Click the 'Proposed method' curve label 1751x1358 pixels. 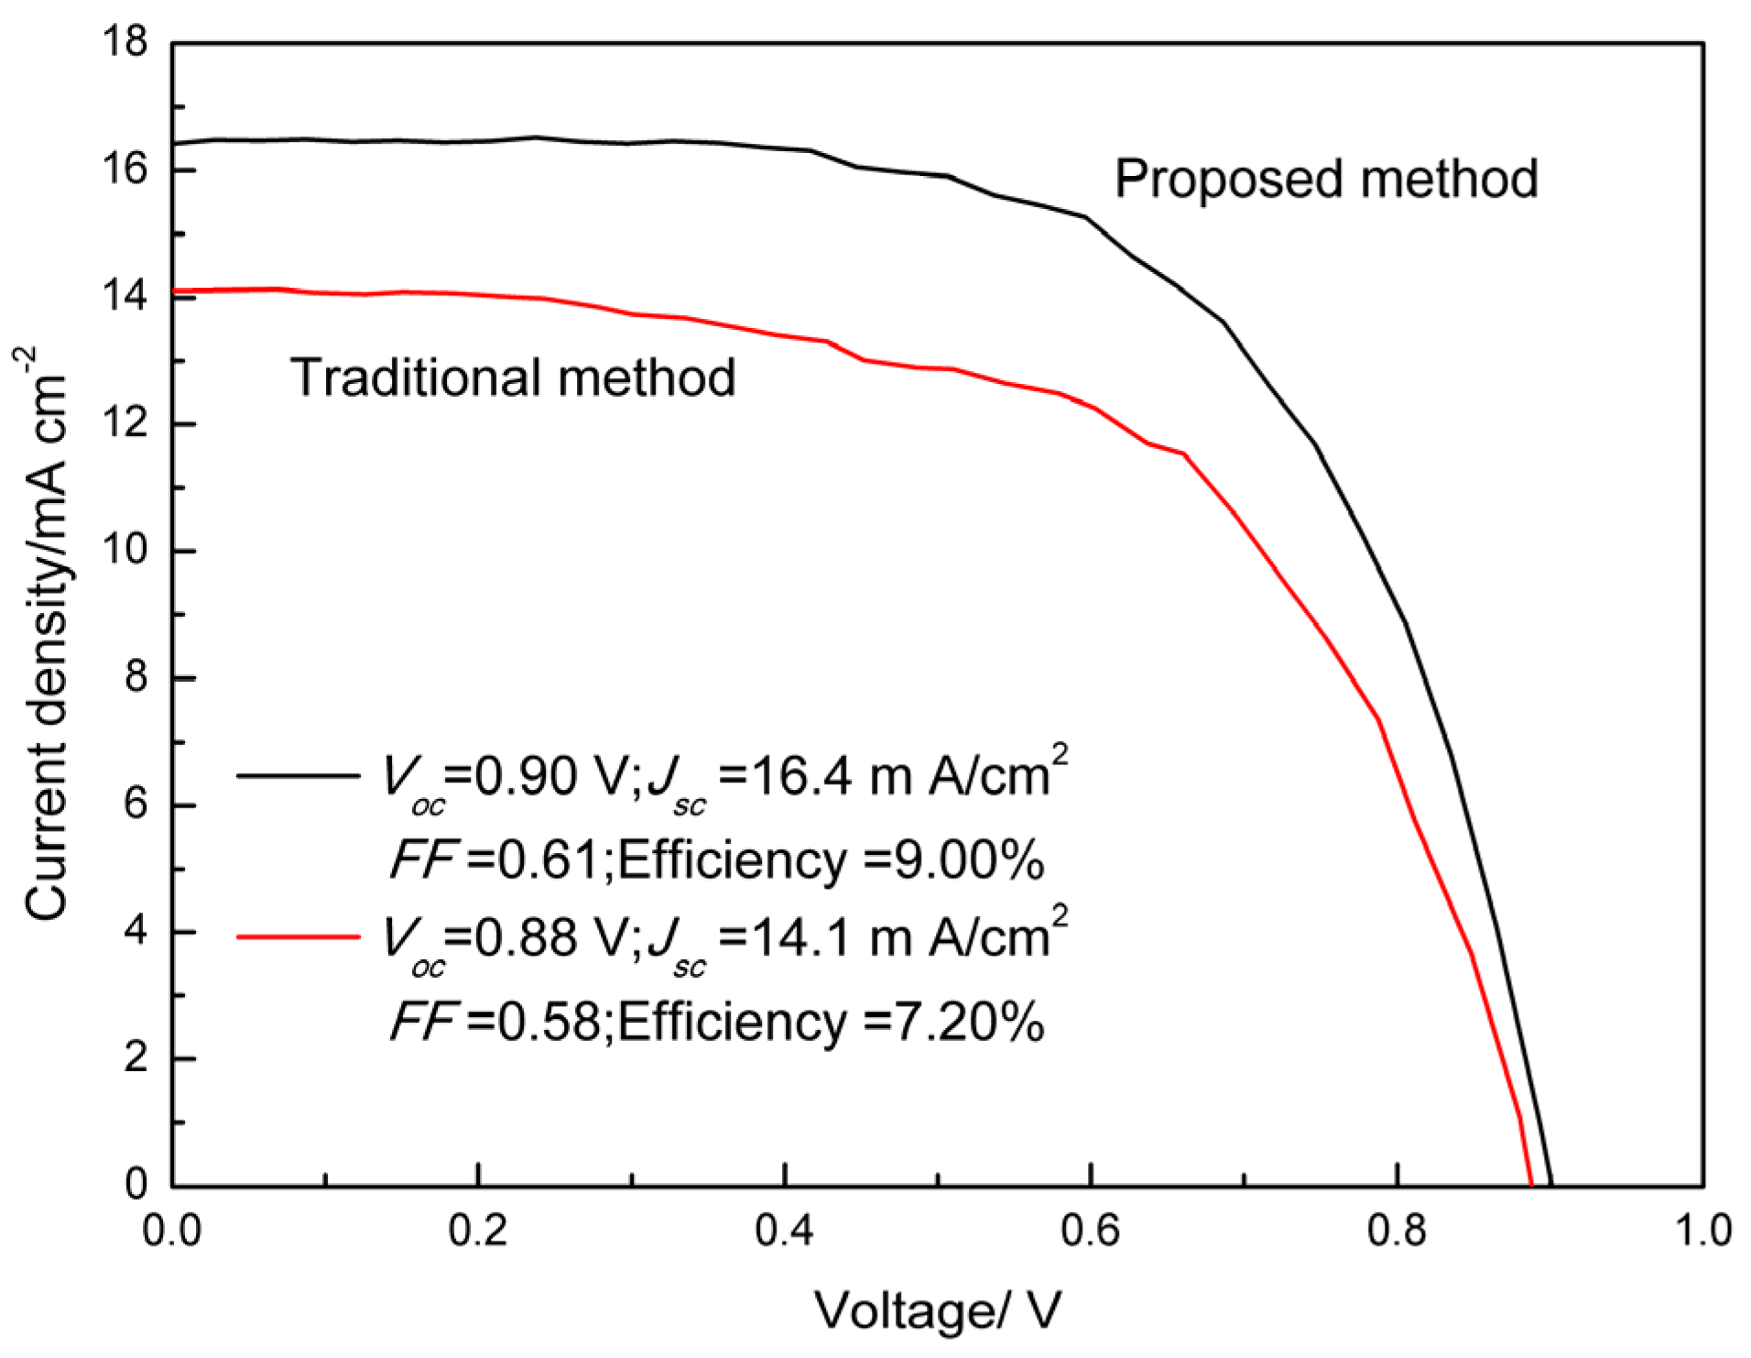coord(1325,180)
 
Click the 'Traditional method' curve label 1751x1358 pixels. coord(513,378)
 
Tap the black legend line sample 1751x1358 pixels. coord(298,776)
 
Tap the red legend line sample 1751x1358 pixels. coord(298,936)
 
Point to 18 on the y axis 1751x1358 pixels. coord(125,42)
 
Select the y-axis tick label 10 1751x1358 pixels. coord(125,551)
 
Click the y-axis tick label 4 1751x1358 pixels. coord(136,931)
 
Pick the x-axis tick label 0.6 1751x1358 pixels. coord(1091,1231)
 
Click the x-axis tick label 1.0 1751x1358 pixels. coord(1702,1231)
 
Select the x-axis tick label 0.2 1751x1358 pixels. coord(478,1231)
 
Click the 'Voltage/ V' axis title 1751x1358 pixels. coord(937,1311)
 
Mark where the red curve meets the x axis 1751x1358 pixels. coord(1531,1185)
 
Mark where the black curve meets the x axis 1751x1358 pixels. coord(1551,1185)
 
